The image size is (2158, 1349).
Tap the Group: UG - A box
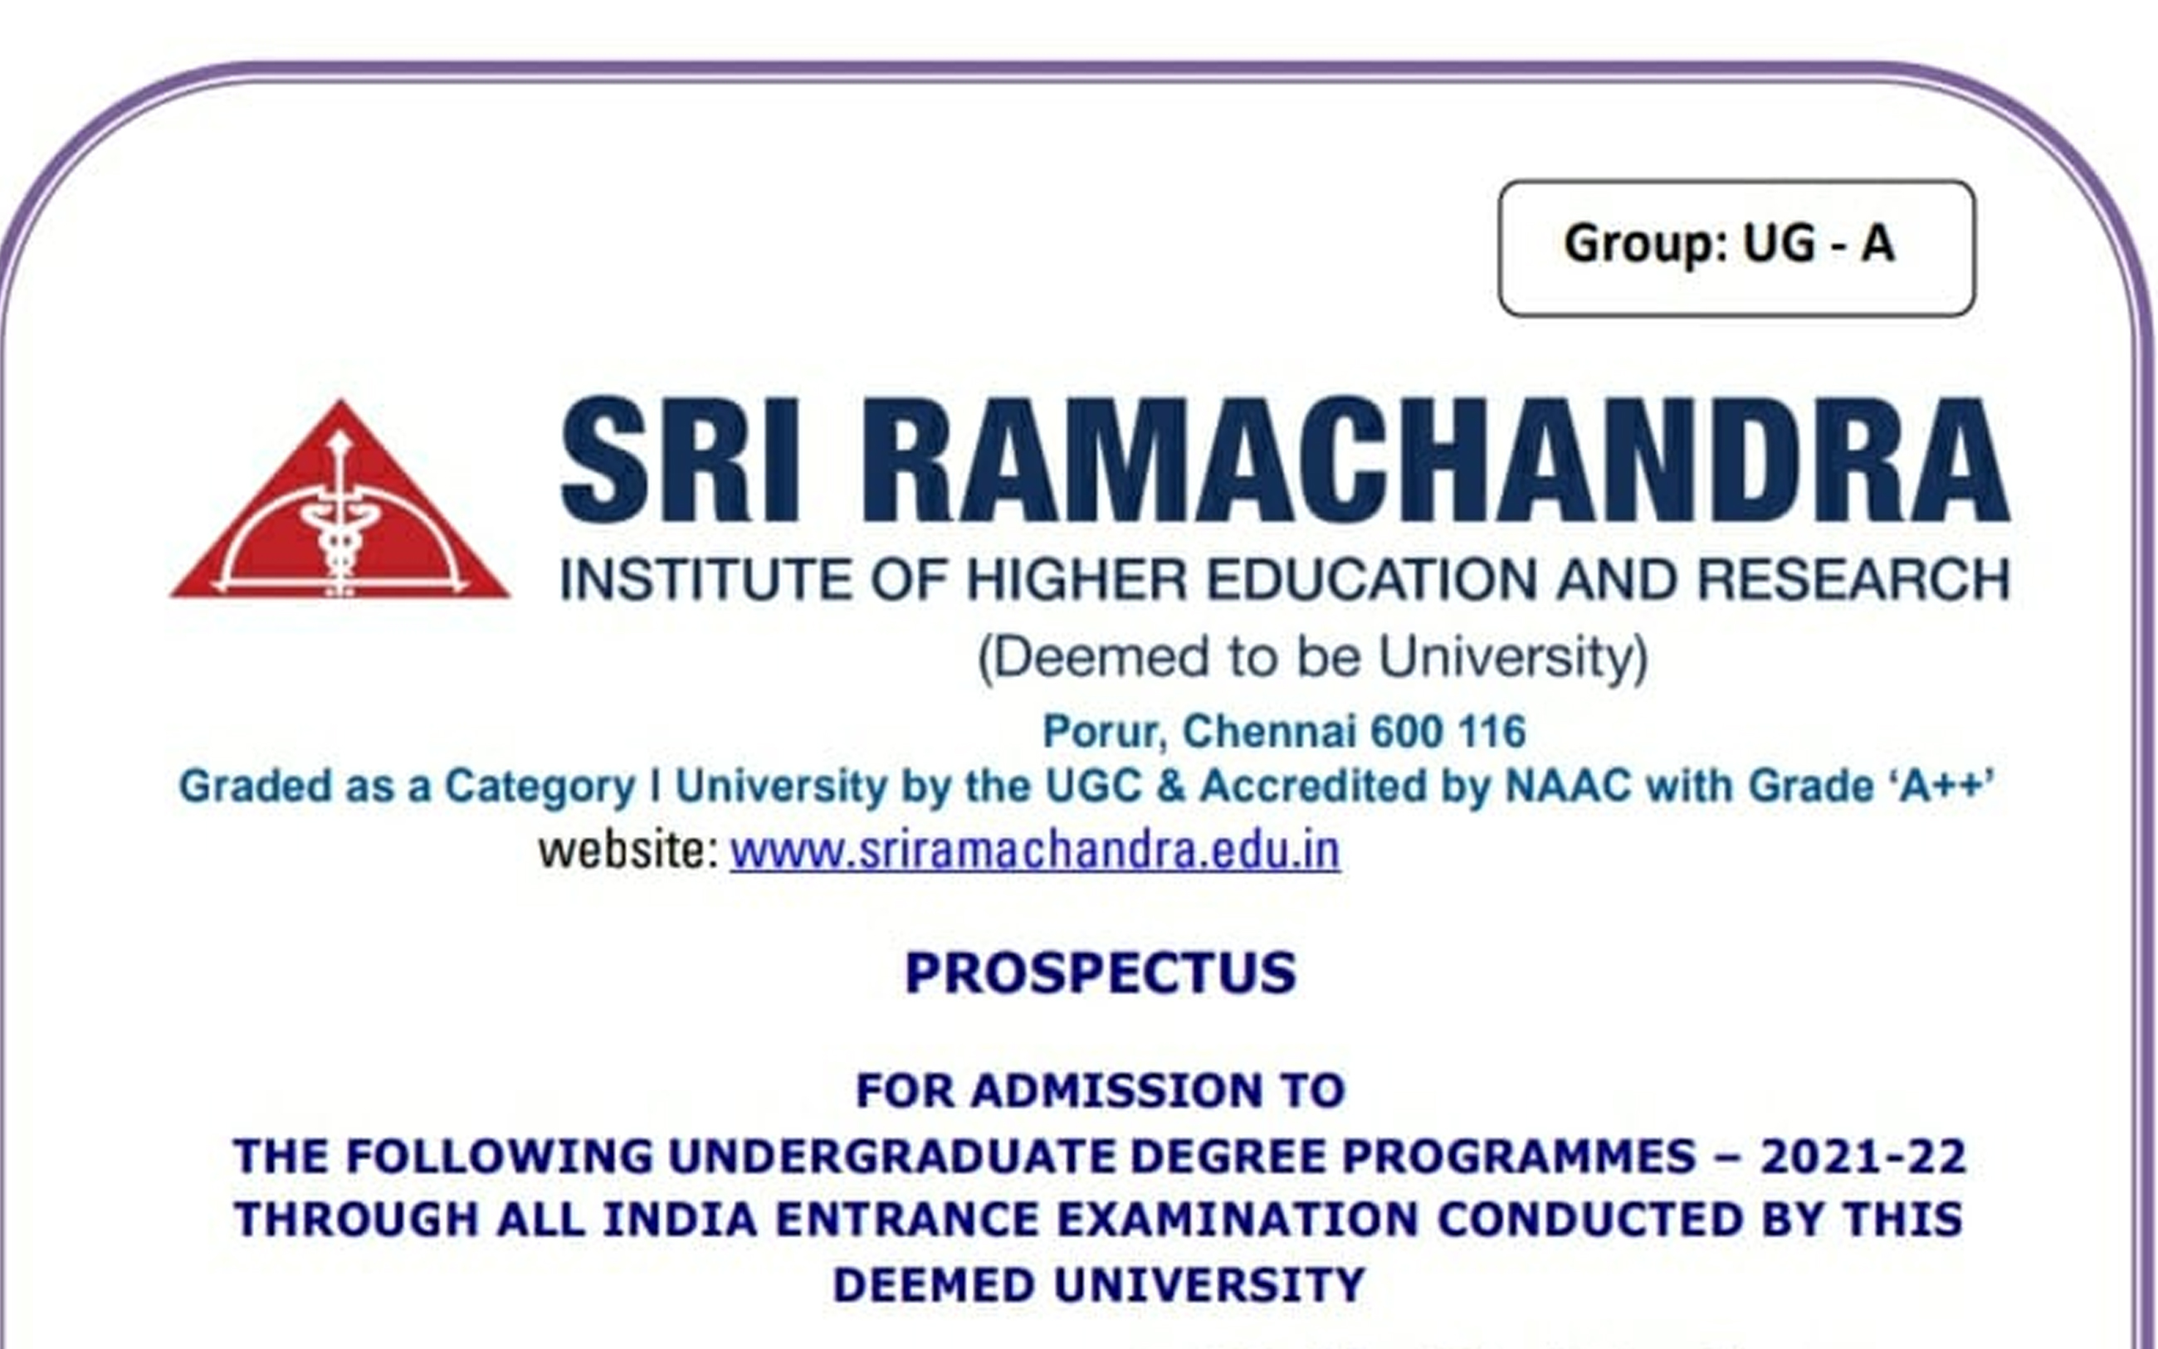point(1736,248)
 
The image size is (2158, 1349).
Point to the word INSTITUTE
point(706,580)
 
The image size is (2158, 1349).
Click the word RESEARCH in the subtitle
point(1853,580)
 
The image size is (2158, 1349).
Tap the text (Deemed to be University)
point(1313,659)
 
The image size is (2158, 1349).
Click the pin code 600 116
point(1448,733)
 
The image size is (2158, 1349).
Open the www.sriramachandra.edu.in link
point(1035,851)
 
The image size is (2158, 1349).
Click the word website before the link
point(628,851)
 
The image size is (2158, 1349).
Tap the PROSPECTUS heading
point(1101,973)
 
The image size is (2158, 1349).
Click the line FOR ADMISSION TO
point(1101,1091)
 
